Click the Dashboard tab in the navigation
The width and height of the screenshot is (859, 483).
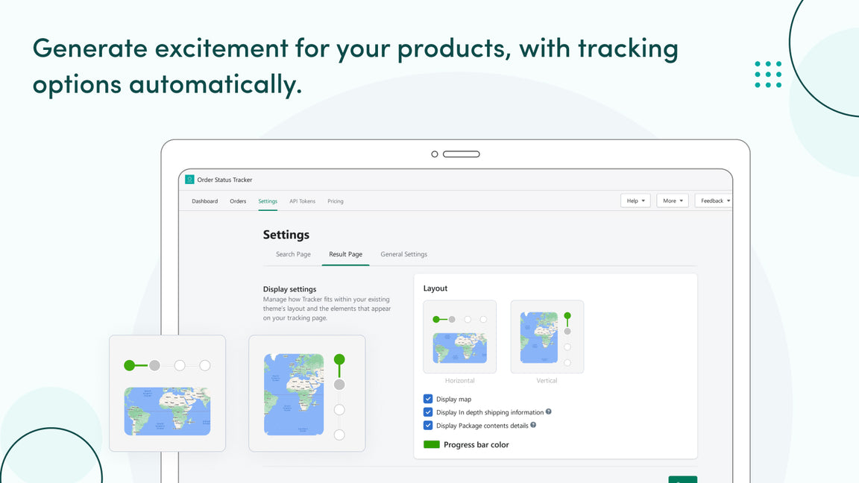coord(204,201)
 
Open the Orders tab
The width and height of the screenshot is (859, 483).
coord(238,201)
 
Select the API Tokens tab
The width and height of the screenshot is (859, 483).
coord(302,201)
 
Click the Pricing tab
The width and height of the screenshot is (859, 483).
coord(336,201)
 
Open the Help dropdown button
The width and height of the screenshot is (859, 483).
coord(635,201)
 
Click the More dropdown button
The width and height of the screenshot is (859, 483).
coord(673,201)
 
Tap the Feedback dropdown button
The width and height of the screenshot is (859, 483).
coord(714,201)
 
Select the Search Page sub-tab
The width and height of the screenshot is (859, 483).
coord(293,254)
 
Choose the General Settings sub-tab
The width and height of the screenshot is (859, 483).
coord(403,254)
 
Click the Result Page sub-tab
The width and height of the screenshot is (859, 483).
coord(345,254)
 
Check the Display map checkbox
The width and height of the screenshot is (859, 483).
coord(428,399)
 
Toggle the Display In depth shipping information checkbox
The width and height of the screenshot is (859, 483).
coord(428,412)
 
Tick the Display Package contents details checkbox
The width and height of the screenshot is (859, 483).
coord(428,426)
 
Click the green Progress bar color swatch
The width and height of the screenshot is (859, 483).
coord(432,444)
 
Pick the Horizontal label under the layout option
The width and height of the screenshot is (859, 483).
coord(459,381)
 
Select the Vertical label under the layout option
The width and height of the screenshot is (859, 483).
coord(547,381)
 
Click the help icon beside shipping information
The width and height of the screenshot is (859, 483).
coord(549,411)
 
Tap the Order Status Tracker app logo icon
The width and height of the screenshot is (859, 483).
coord(189,180)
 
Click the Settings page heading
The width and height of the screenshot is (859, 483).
coord(286,235)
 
